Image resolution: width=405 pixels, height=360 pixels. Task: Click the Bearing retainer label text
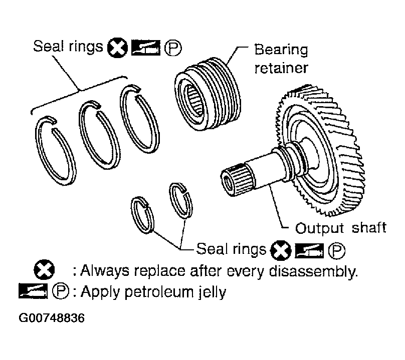[281, 59]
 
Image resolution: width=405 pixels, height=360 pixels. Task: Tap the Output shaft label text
[340, 228]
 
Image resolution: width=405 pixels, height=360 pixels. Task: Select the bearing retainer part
[208, 94]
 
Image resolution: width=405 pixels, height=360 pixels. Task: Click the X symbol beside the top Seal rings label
[117, 48]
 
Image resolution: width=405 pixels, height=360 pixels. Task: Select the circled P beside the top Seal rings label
[173, 48]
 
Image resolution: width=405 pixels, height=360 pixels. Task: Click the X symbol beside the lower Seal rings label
[281, 250]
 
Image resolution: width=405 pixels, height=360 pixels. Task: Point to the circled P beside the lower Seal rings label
[336, 250]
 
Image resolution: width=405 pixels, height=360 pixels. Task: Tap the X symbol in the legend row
[44, 270]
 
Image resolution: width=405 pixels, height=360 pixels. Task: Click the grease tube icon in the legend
[33, 291]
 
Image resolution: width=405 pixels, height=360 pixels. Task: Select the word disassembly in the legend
[313, 271]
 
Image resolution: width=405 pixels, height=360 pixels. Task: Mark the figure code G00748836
[52, 318]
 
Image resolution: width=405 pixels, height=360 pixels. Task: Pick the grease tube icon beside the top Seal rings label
[146, 48]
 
